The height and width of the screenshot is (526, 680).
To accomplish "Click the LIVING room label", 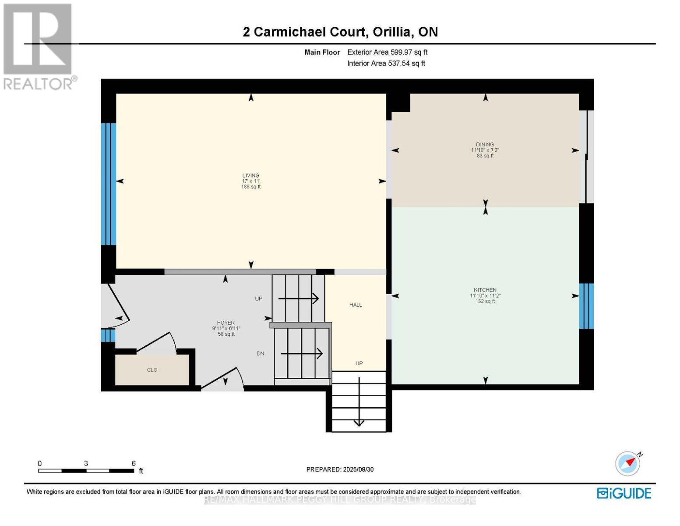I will (251, 175).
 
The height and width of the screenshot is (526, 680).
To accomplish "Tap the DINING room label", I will (485, 144).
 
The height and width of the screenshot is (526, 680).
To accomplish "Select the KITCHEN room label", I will (485, 290).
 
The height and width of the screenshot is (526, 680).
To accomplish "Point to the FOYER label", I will (226, 323).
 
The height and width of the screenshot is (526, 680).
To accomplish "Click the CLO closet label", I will (152, 370).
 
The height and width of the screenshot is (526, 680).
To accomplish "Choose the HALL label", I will (356, 305).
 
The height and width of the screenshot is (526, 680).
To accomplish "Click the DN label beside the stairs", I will (260, 353).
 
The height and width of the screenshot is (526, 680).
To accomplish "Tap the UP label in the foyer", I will (258, 299).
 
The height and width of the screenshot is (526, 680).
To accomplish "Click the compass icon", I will (627, 463).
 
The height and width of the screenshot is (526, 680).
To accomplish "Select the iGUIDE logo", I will (624, 493).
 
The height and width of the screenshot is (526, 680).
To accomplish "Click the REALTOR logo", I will (39, 46).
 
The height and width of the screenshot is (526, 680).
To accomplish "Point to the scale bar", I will (86, 471).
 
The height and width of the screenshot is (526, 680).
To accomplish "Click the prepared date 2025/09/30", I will (358, 469).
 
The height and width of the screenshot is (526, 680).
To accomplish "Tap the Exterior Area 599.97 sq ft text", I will (387, 52).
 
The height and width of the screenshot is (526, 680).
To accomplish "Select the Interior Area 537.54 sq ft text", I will (386, 64).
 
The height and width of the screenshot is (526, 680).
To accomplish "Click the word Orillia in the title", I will (392, 32).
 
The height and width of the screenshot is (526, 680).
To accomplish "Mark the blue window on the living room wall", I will (109, 184).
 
